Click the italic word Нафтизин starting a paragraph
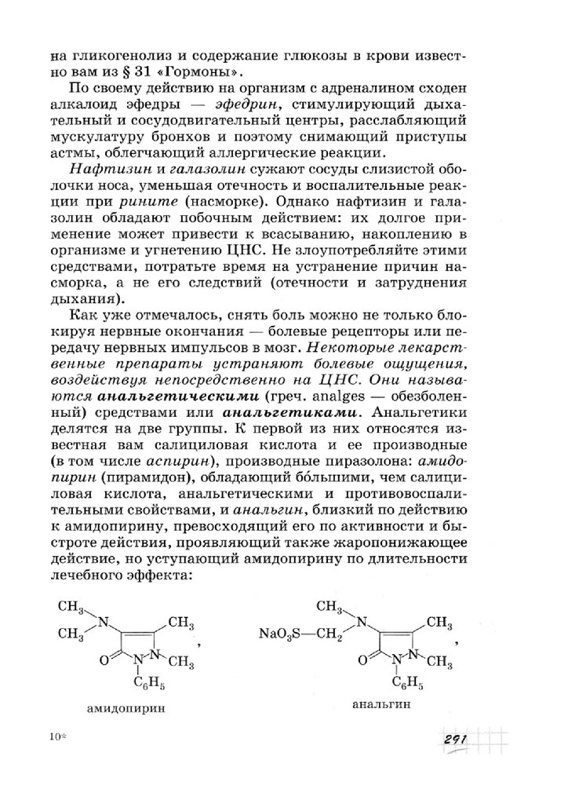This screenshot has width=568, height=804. click(102, 172)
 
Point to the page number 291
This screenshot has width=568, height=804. click(455, 741)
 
